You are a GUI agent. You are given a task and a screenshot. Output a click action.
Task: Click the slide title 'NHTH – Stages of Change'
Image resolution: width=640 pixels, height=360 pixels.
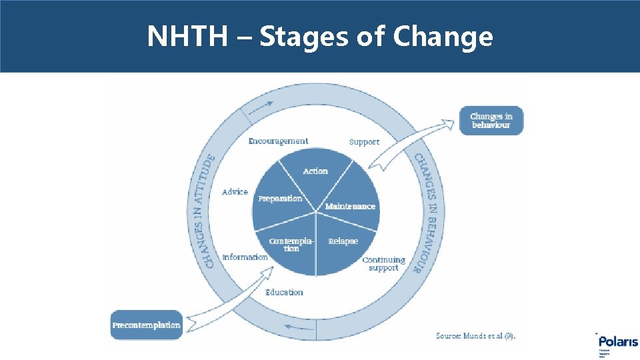point(320,36)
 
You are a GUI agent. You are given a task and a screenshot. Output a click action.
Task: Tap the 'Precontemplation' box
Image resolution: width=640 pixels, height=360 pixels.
point(147,325)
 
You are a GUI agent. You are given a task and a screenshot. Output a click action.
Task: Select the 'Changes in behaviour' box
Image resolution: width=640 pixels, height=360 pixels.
point(491,121)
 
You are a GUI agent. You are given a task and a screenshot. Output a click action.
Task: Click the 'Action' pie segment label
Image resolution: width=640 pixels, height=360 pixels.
point(315,171)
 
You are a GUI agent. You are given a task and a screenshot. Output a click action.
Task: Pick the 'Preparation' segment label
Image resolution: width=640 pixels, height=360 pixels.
point(280,199)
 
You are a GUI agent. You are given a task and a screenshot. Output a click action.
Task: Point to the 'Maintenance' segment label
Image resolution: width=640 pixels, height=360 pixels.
point(350,207)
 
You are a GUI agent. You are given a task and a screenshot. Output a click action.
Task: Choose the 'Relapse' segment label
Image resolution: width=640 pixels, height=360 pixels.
point(343,241)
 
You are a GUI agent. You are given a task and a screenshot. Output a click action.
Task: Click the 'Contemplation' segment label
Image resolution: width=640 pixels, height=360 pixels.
point(291,244)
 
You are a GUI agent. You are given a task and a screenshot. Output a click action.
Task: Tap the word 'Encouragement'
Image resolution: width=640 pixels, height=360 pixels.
point(278,141)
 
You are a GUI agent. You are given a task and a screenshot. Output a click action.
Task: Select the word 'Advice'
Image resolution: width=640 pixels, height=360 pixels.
point(235,192)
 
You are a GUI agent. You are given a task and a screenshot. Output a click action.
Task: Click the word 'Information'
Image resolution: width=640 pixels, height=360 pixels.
point(245,257)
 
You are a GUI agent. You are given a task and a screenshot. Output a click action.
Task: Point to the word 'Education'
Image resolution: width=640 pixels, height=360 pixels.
point(284,292)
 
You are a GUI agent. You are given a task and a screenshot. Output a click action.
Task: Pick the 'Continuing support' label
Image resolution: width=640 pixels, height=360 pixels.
point(383,264)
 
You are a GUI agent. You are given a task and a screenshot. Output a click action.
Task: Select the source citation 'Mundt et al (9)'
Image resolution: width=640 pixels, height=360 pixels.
point(475,335)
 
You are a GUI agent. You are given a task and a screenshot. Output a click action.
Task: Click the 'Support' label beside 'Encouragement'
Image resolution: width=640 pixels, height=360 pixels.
point(364,142)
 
